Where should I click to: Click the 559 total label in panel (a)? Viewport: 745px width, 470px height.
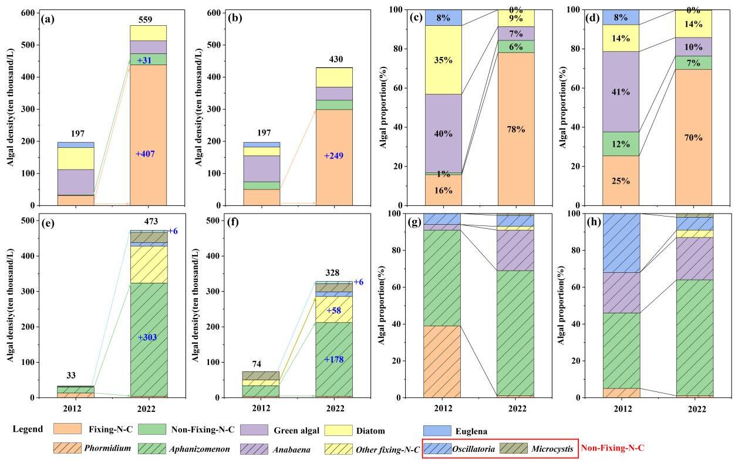pos(145,20)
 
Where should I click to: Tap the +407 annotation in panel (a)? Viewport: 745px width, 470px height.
pos(145,154)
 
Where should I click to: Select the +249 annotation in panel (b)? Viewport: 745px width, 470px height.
pos(334,156)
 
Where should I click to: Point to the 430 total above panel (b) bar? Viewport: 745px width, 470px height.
pos(334,60)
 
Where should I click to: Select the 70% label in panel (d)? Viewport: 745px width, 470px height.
pos(696,138)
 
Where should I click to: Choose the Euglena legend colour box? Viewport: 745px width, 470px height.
pos(437,431)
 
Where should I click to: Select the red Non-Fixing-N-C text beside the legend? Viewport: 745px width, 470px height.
pos(612,448)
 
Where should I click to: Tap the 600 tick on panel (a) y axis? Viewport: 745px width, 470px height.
pos(26,13)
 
